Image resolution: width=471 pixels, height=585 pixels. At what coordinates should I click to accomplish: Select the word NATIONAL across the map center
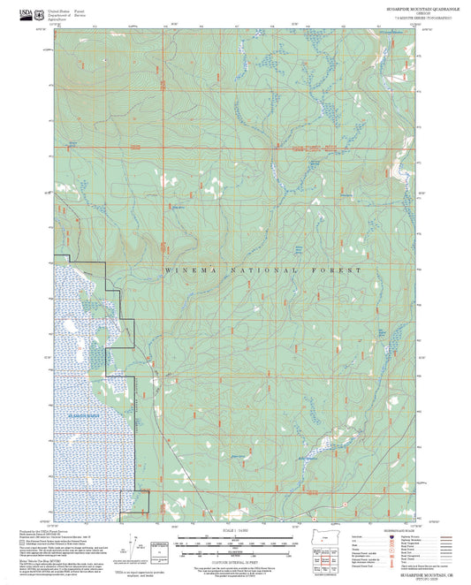pyautogui.click(x=263, y=270)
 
